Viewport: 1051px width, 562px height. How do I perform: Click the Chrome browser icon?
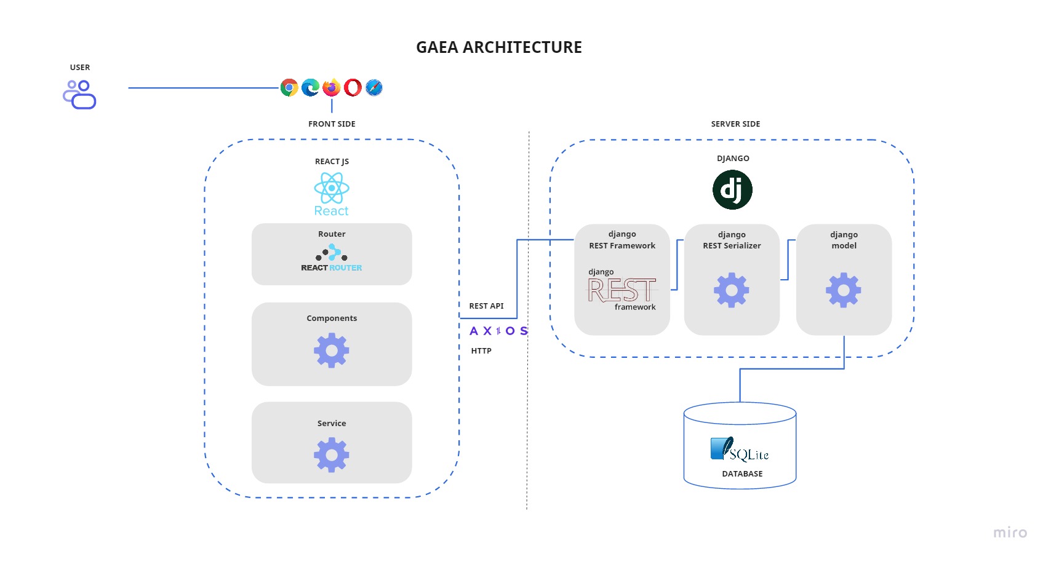289,88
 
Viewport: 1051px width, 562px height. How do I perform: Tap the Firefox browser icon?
332,88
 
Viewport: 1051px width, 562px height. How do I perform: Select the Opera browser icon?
353,88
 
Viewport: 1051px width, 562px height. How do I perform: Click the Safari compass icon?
374,88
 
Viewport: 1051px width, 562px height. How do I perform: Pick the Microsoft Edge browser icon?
311,88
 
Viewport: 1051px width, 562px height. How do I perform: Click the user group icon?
80,95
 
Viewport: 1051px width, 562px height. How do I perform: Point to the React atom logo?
332,188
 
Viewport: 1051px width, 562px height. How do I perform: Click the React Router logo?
332,259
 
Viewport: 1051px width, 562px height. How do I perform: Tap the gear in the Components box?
332,350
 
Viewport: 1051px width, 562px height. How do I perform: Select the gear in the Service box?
332,455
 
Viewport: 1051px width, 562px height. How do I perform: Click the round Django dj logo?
732,190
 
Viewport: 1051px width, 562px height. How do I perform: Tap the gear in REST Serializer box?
732,290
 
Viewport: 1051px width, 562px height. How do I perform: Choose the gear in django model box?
844,290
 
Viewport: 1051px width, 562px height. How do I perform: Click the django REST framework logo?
622,290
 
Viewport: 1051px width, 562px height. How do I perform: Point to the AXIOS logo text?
498,331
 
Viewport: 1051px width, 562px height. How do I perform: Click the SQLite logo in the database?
740,450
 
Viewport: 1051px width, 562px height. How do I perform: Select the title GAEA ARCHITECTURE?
499,47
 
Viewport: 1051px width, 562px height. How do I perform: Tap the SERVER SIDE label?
735,124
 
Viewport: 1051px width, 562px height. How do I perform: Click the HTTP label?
481,351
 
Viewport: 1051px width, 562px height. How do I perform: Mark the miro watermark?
1010,532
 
